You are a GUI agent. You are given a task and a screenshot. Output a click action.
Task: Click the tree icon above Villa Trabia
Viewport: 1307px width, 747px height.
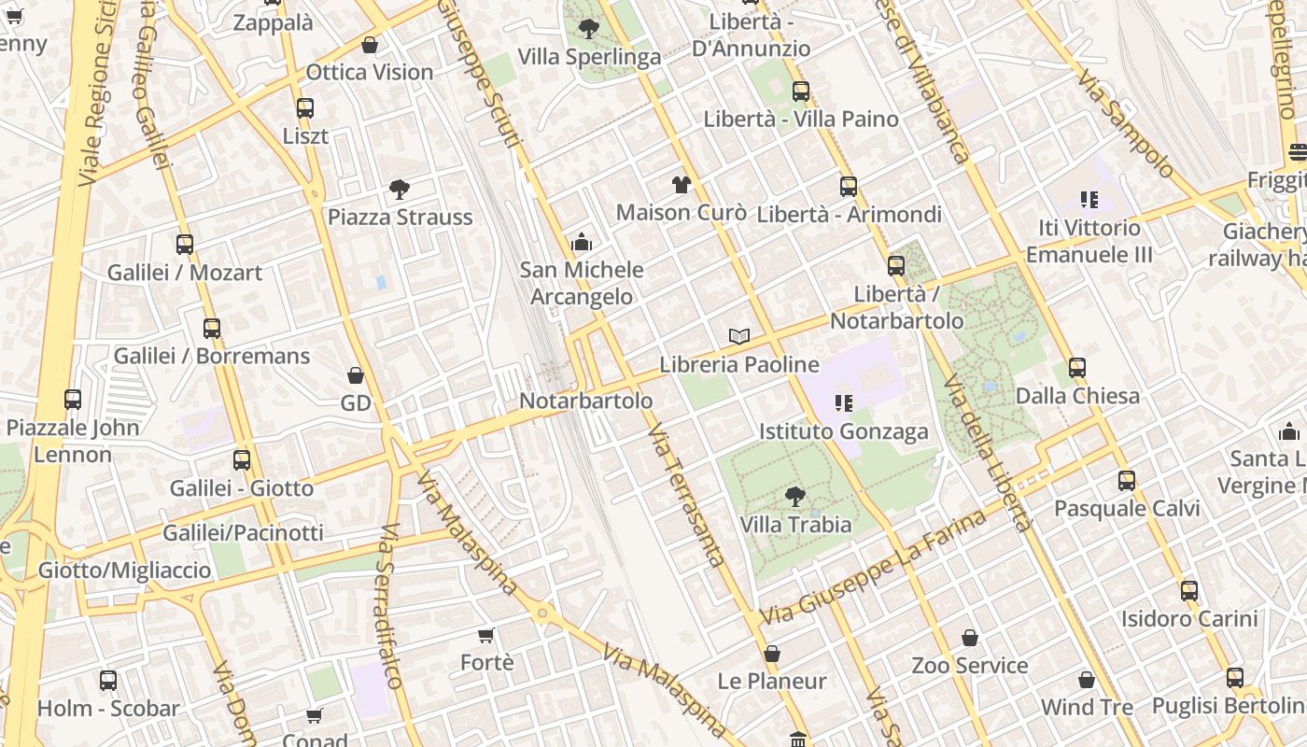794,496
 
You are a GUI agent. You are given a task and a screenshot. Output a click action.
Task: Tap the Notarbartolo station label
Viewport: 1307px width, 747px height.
585,401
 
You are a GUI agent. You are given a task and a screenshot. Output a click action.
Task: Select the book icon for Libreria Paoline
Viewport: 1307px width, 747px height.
739,336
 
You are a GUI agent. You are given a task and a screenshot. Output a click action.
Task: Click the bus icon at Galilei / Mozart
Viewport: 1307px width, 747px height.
185,245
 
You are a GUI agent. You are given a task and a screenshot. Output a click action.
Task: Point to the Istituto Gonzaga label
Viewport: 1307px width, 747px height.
843,431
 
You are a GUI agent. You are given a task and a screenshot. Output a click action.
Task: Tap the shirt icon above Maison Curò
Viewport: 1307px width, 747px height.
681,185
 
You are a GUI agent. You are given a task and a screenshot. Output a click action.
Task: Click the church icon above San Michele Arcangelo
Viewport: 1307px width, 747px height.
582,243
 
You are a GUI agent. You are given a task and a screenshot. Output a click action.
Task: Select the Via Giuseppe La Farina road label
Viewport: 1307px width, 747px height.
873,568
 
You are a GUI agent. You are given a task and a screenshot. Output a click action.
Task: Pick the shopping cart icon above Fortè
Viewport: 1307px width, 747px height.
486,635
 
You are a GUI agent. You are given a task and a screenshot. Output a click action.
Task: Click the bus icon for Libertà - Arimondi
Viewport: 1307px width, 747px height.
848,187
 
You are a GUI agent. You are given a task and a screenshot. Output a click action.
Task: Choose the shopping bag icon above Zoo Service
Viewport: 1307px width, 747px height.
970,638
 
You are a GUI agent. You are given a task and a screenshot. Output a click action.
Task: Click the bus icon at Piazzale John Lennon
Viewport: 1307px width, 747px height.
73,400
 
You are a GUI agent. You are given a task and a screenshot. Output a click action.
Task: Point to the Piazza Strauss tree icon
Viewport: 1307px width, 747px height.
400,190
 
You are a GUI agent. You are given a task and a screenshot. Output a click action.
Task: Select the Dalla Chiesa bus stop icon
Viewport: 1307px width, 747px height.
1077,368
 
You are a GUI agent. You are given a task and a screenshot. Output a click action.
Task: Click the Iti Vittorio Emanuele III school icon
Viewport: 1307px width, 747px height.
1089,200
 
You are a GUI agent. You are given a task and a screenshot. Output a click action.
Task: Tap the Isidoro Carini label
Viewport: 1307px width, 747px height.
1188,618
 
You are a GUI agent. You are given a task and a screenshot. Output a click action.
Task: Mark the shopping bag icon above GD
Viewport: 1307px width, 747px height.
356,375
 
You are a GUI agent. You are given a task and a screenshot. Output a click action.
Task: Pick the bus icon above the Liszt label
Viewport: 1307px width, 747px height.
305,108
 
